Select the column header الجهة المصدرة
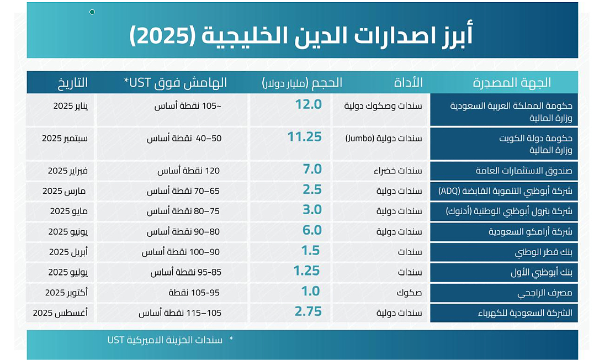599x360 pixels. pyautogui.click(x=512, y=83)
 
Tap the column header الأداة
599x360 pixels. pyautogui.click(x=409, y=83)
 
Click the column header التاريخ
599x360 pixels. pyautogui.click(x=72, y=83)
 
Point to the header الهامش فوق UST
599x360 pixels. pyautogui.click(x=176, y=83)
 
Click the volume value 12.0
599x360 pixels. pyautogui.click(x=308, y=104)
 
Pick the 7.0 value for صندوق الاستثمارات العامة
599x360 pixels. pyautogui.click(x=312, y=170)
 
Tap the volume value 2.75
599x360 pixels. pyautogui.click(x=308, y=312)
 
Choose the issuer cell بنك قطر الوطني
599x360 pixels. pyautogui.click(x=543, y=252)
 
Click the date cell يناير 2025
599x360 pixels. pyautogui.click(x=70, y=105)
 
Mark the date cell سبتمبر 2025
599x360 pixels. pyautogui.click(x=65, y=138)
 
